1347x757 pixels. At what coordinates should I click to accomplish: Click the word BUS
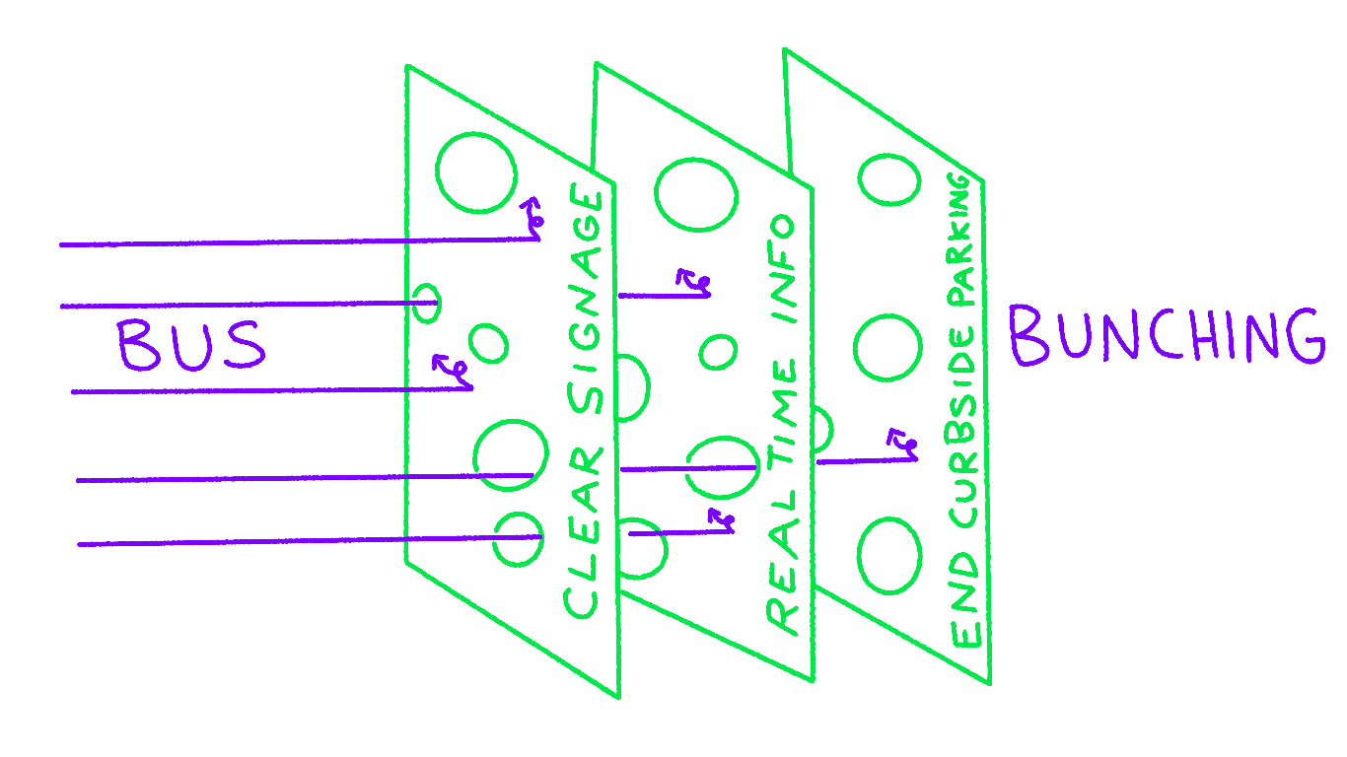click(x=191, y=345)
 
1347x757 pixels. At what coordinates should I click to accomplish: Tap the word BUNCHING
click(x=1166, y=335)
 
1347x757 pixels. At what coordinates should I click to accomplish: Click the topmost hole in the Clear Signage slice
click(x=476, y=173)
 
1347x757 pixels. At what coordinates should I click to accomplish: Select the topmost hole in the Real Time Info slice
click(x=696, y=193)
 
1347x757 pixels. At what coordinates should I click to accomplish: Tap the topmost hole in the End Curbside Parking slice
click(x=889, y=179)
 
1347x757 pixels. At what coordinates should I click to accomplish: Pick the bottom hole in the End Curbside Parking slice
click(x=890, y=556)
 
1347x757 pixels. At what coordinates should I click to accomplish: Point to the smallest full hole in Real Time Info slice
click(x=718, y=351)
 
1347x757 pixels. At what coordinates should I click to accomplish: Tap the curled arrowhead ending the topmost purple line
click(x=533, y=218)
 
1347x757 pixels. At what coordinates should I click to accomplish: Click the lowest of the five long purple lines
click(x=296, y=541)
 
